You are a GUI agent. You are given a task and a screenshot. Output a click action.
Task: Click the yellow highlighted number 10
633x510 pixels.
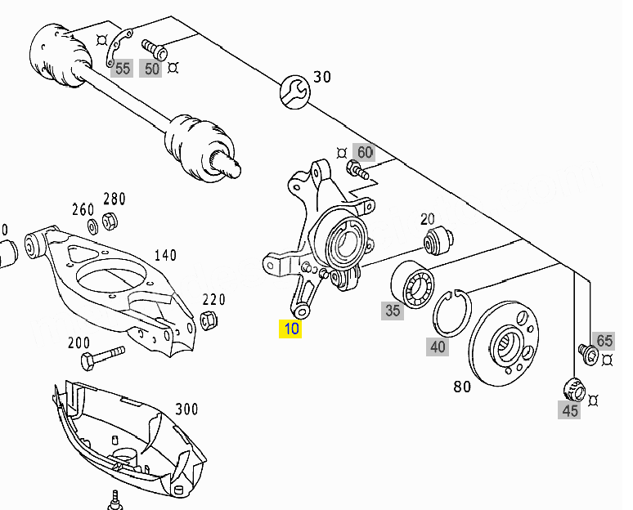pyautogui.click(x=290, y=329)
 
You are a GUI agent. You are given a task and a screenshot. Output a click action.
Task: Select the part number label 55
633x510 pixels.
pyautogui.click(x=123, y=68)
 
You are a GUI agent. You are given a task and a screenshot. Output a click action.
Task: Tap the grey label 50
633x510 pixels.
pyautogui.click(x=151, y=68)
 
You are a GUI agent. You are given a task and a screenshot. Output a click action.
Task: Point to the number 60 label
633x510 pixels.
pyautogui.click(x=364, y=152)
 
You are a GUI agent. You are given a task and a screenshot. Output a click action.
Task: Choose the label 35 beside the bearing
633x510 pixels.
pyautogui.click(x=393, y=311)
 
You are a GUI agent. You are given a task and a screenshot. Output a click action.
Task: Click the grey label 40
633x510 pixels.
pyautogui.click(x=438, y=347)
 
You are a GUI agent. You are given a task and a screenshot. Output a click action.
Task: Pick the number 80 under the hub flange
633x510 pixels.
pyautogui.click(x=462, y=387)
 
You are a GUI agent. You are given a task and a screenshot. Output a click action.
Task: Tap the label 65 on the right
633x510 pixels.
pyautogui.click(x=604, y=341)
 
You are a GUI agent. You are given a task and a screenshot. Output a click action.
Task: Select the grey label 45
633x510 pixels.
pyautogui.click(x=570, y=410)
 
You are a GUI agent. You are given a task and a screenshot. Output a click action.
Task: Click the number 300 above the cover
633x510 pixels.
pyautogui.click(x=186, y=409)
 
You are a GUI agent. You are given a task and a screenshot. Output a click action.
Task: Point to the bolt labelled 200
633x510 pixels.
pyautogui.click(x=102, y=357)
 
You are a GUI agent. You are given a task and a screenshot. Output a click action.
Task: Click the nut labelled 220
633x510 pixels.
pyautogui.click(x=209, y=321)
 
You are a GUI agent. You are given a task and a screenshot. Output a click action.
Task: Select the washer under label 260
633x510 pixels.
pyautogui.click(x=92, y=224)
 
